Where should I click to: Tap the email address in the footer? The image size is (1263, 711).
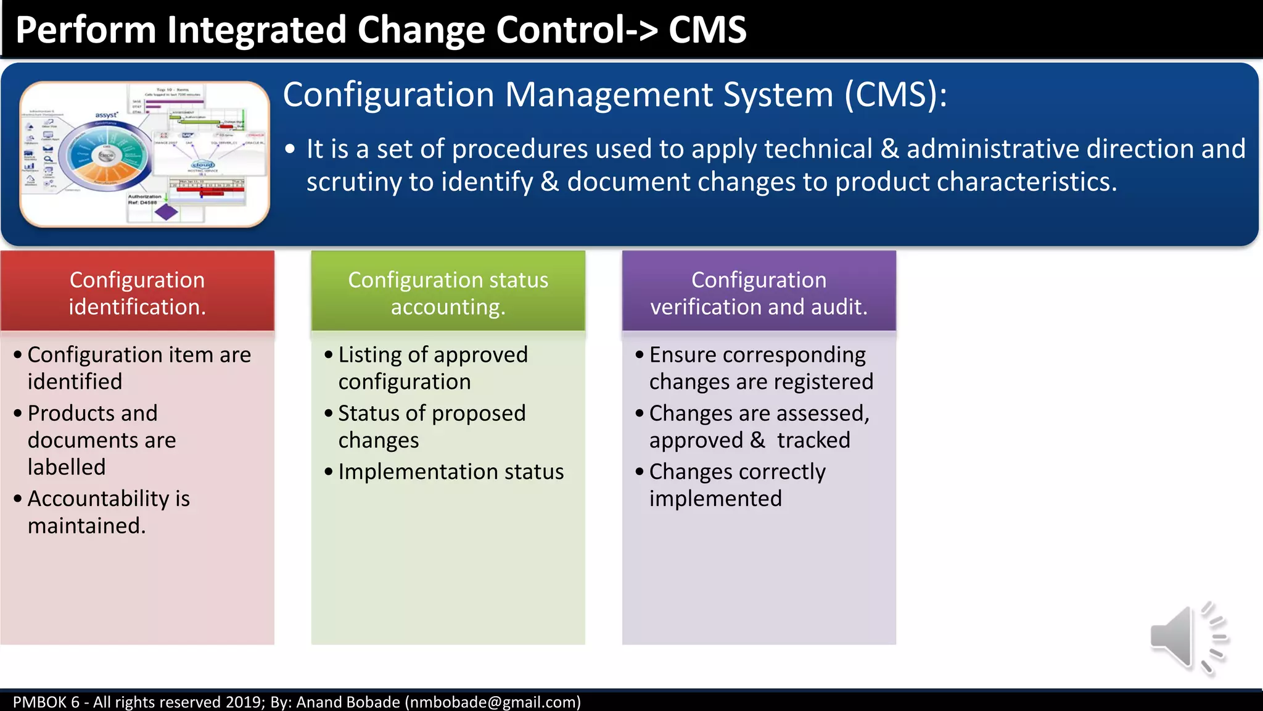pyautogui.click(x=492, y=702)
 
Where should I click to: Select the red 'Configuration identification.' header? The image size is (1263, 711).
pyautogui.click(x=137, y=293)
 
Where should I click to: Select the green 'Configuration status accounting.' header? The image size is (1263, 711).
pyautogui.click(x=448, y=293)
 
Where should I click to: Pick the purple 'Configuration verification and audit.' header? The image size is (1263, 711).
pyautogui.click(x=759, y=293)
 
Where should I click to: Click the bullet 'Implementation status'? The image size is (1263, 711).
pyautogui.click(x=451, y=472)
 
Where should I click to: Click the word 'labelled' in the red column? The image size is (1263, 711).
pyautogui.click(x=67, y=467)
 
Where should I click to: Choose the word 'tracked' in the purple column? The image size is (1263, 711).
pyautogui.click(x=813, y=440)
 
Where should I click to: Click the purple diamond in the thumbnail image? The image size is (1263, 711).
pyautogui.click(x=166, y=212)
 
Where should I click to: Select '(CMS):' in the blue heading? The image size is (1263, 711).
pyautogui.click(x=895, y=95)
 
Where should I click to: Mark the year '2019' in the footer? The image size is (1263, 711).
pyautogui.click(x=244, y=702)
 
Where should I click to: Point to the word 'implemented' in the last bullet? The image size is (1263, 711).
pyautogui.click(x=715, y=499)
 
